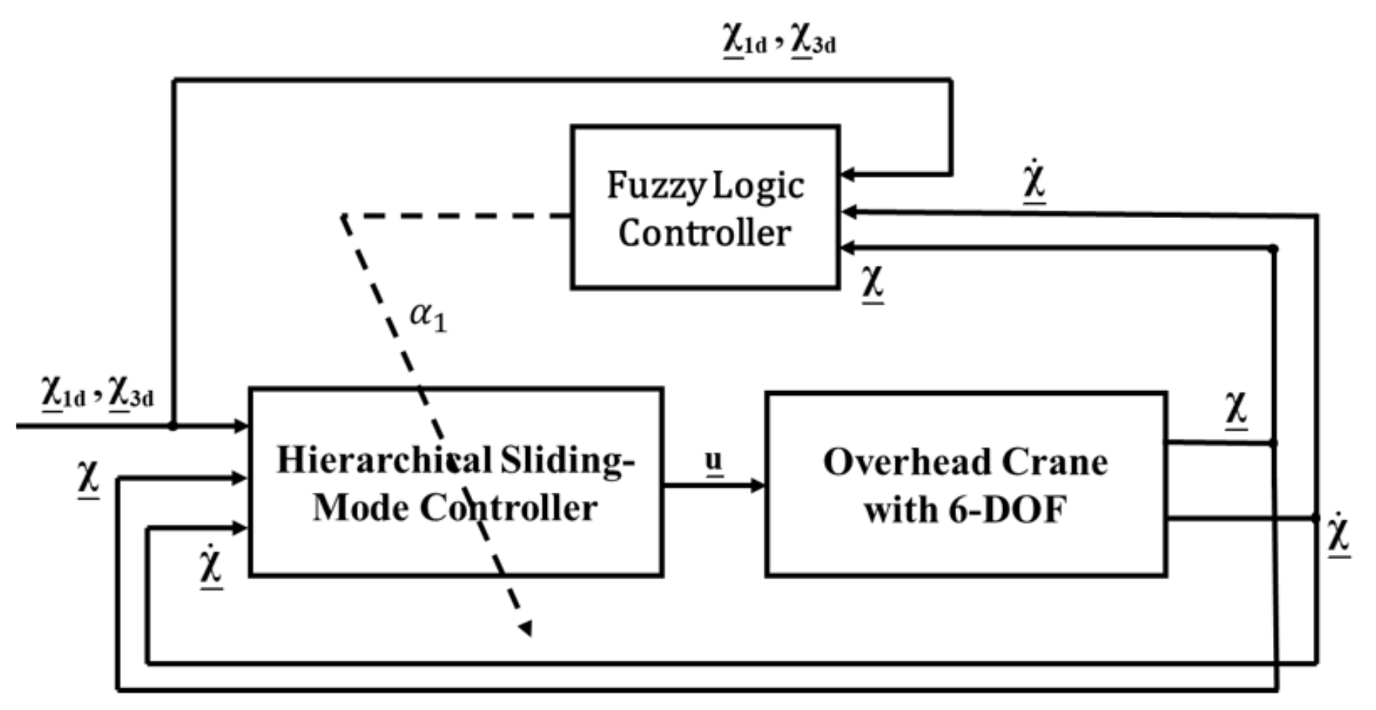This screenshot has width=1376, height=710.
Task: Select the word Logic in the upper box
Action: [x=757, y=186]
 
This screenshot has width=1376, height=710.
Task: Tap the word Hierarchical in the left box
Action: [x=384, y=461]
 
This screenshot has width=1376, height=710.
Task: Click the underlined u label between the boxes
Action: [x=714, y=461]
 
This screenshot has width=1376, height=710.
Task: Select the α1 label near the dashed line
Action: [x=428, y=317]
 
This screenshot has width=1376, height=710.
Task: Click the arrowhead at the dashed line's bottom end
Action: [x=526, y=628]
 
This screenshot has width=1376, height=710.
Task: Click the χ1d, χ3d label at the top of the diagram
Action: [x=778, y=39]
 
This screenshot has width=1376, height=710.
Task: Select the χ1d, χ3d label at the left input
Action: [x=98, y=392]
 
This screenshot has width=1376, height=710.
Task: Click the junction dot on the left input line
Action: [x=173, y=426]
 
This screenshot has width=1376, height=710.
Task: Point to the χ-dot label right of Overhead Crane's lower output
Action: [x=1339, y=537]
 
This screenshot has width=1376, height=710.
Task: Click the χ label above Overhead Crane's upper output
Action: [x=1236, y=409]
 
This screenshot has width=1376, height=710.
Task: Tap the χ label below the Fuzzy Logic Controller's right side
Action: [x=873, y=282]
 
